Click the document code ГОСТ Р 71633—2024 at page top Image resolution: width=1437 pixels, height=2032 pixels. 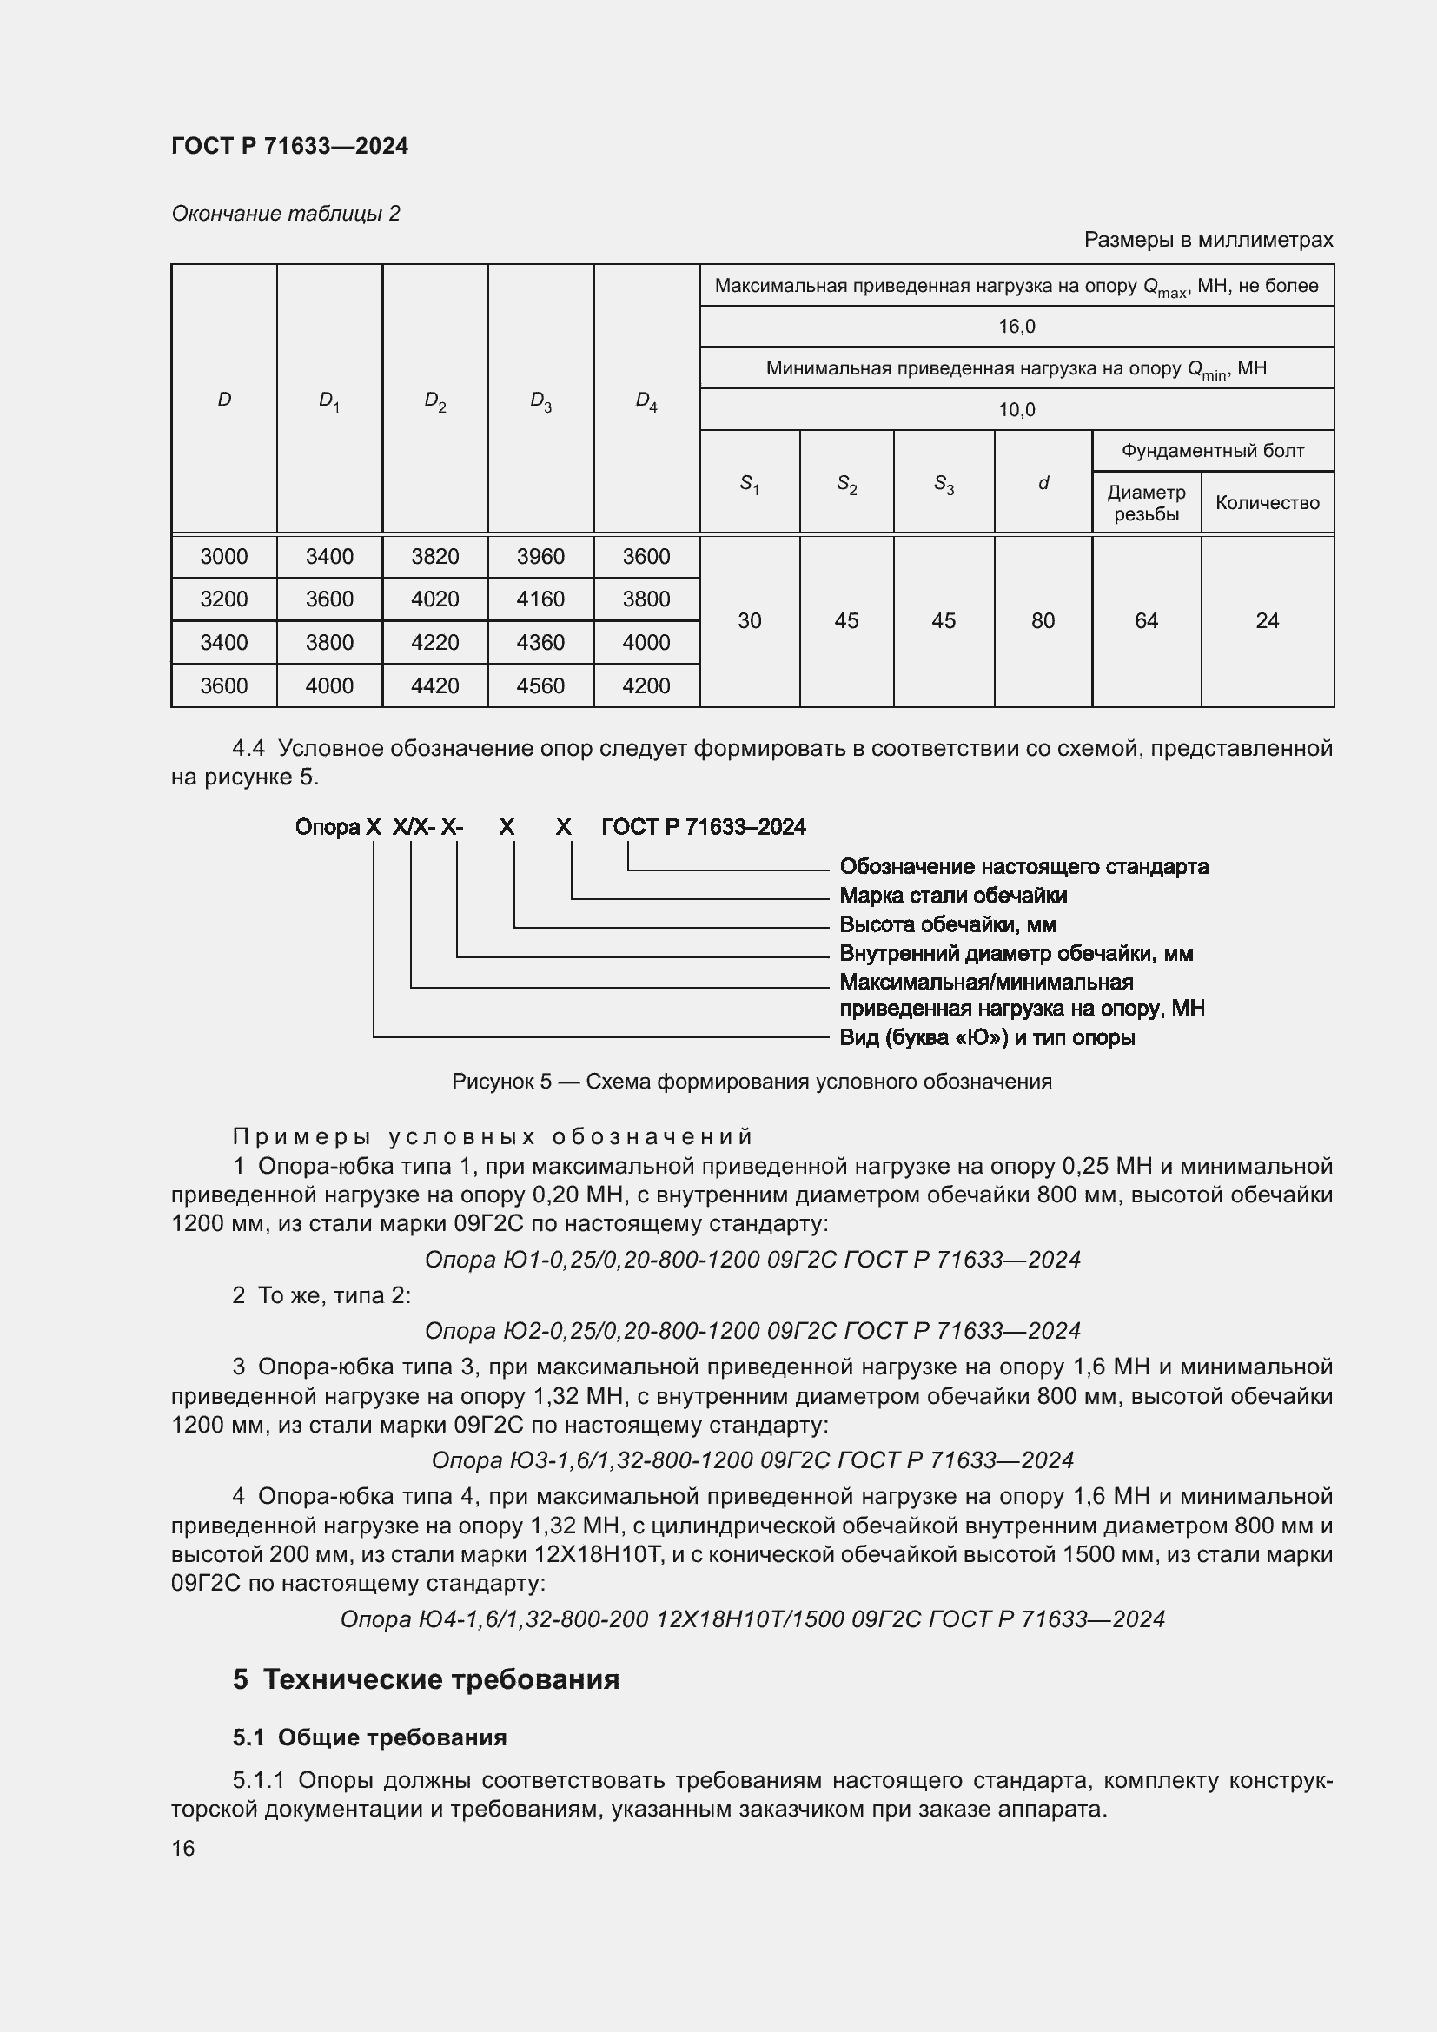coord(289,146)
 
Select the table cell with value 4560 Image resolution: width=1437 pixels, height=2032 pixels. coord(540,686)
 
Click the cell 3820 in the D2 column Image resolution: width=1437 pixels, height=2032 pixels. coord(434,557)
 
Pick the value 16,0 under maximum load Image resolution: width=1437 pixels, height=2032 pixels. coord(1016,327)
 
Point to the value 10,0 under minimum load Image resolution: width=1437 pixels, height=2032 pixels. coord(1016,410)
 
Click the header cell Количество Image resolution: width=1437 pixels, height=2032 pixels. coord(1266,503)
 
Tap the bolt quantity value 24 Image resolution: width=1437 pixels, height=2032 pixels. coord(1266,621)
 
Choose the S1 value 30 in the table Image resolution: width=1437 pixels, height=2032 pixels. coord(749,621)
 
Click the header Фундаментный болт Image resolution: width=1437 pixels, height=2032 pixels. coord(1212,452)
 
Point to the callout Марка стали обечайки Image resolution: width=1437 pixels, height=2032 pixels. coord(952,896)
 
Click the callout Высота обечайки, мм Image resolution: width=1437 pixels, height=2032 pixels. coord(947,925)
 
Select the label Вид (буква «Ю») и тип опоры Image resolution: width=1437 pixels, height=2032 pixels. coord(986,1037)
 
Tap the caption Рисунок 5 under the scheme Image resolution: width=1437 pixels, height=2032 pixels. coord(752,1082)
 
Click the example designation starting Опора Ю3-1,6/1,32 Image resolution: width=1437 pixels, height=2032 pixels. coord(752,1460)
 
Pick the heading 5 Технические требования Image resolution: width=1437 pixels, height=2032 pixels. coord(426,1680)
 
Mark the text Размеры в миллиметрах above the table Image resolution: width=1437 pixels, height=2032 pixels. coord(1207,240)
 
